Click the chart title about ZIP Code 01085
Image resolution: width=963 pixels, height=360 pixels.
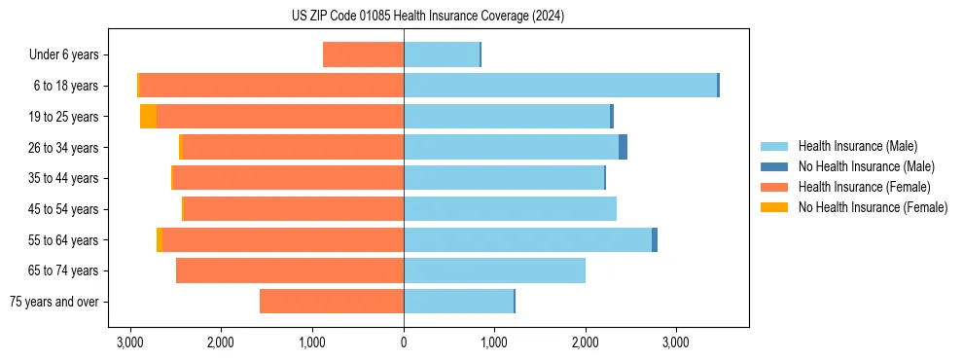coord(427,16)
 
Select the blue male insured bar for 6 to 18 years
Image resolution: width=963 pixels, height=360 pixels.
coord(560,86)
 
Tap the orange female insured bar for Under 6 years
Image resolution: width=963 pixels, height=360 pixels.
coord(363,54)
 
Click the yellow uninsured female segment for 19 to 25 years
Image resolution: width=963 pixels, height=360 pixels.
coord(148,117)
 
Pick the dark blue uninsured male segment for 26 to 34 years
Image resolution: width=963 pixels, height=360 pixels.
coord(623,147)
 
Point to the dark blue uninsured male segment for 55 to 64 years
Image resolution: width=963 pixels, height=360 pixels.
coord(655,239)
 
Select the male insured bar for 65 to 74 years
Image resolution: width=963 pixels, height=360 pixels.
coord(494,270)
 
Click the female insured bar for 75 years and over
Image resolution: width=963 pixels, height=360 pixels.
coord(332,302)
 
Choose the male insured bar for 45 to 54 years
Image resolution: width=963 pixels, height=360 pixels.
coord(510,208)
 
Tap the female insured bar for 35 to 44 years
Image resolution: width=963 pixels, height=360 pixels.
coord(288,178)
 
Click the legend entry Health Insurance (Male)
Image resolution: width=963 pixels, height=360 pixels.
coord(857,146)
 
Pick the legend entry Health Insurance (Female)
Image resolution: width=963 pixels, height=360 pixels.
coord(865,187)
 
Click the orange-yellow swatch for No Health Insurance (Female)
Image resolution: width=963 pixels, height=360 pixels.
coord(774,207)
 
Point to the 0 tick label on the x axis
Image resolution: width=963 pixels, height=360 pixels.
coord(404,342)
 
